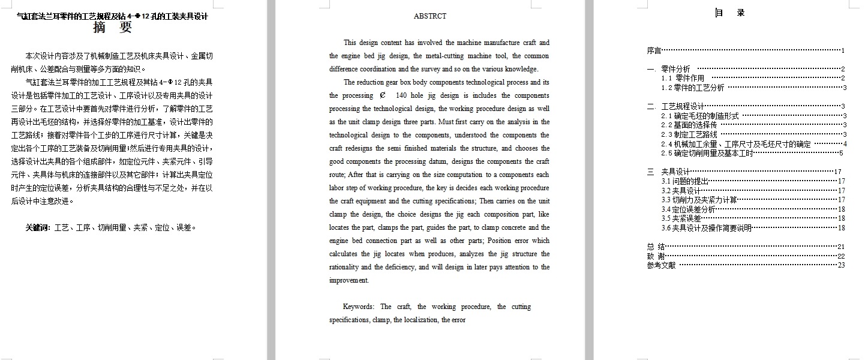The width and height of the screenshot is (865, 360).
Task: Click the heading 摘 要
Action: point(113,28)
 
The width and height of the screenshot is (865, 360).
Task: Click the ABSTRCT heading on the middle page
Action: point(430,16)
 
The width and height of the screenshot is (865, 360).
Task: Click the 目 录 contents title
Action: point(730,13)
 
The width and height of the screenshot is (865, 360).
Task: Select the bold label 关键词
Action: point(38,227)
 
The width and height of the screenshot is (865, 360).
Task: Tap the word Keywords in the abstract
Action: point(359,307)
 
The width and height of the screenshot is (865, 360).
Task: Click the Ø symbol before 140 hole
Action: point(383,95)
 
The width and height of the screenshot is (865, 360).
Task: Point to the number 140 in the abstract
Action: point(402,95)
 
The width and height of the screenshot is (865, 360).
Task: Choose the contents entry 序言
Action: point(654,51)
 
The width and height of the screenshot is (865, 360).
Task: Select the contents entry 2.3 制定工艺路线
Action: point(689,134)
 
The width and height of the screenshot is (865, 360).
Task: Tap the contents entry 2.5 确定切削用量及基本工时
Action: point(707,153)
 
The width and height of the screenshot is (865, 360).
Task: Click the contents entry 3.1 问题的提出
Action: point(685,181)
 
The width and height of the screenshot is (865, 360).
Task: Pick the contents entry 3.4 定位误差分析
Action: point(688,209)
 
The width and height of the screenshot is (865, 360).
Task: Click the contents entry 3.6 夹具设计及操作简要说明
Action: point(706,228)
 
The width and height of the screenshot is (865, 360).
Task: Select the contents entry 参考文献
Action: point(661,265)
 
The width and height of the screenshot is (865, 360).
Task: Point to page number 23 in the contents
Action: point(841,265)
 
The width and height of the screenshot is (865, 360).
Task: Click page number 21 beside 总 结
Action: point(841,247)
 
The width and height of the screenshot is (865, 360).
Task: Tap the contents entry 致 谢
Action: point(656,256)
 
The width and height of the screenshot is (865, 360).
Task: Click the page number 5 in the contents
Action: point(842,153)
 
